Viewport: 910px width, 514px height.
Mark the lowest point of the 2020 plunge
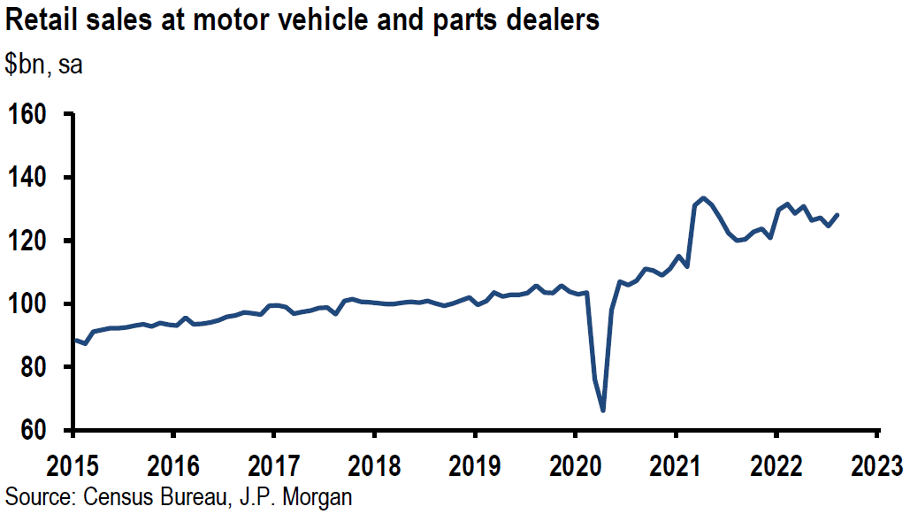603,410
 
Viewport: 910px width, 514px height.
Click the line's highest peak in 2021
703,198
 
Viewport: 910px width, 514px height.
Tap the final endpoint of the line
837,215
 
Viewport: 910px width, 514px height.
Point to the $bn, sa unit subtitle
44,65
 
